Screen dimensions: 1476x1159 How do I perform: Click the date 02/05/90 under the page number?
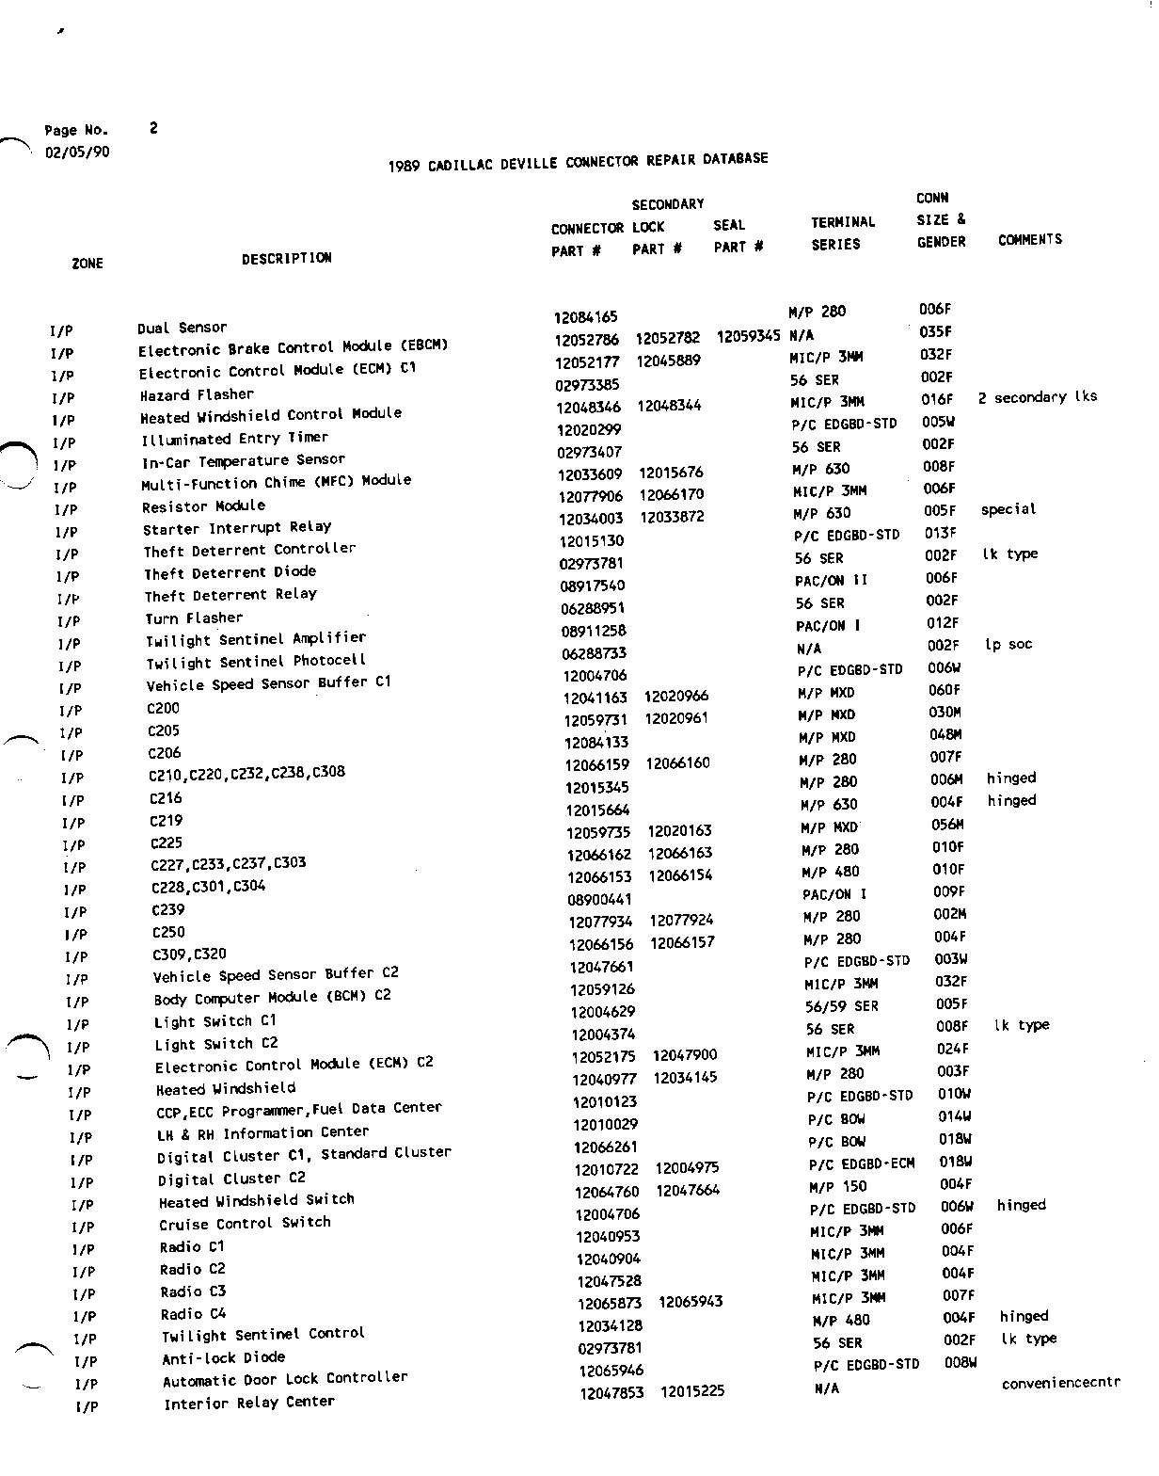click(77, 152)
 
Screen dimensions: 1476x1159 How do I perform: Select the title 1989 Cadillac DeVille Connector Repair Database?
click(578, 163)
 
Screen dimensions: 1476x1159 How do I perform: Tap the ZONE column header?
click(87, 264)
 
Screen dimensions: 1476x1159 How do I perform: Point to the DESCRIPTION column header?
click(286, 258)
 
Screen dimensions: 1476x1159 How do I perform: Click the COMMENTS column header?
click(1029, 240)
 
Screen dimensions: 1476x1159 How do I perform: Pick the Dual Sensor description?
click(183, 328)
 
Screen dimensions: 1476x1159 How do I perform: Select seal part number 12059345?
click(748, 336)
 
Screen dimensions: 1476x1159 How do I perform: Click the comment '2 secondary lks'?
click(1037, 397)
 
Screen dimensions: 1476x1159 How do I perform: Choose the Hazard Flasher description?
click(197, 395)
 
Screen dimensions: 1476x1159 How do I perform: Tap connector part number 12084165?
click(585, 317)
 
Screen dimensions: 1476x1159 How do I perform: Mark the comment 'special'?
click(1008, 509)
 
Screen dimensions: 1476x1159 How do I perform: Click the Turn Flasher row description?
click(194, 618)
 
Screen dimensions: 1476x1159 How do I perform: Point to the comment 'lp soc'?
click(1008, 645)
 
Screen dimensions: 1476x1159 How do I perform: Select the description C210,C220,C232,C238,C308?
click(246, 774)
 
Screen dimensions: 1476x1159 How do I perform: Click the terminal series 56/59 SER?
click(841, 1006)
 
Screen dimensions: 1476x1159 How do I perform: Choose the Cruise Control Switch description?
click(245, 1224)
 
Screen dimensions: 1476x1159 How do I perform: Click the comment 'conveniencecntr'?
click(1060, 1383)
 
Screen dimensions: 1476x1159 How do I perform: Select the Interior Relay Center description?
click(249, 1404)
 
